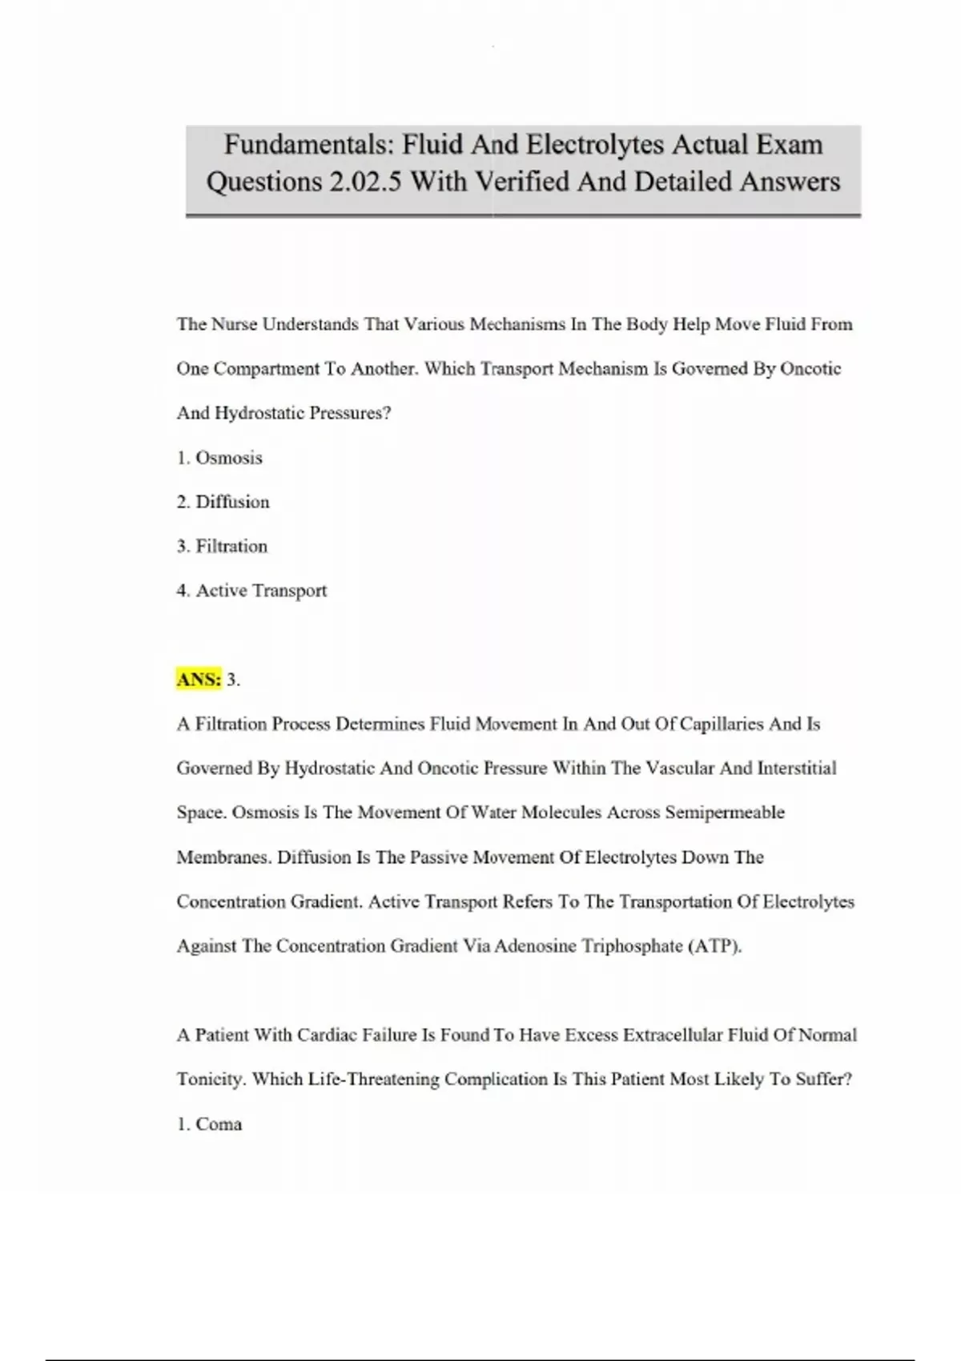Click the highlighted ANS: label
(199, 680)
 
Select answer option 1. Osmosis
(219, 458)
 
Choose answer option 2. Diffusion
(223, 502)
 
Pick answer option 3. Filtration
(222, 546)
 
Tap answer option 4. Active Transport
(251, 591)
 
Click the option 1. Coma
(209, 1124)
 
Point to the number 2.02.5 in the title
(364, 182)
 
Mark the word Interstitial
(797, 769)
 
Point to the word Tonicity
(211, 1079)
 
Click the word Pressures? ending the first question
(350, 414)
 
